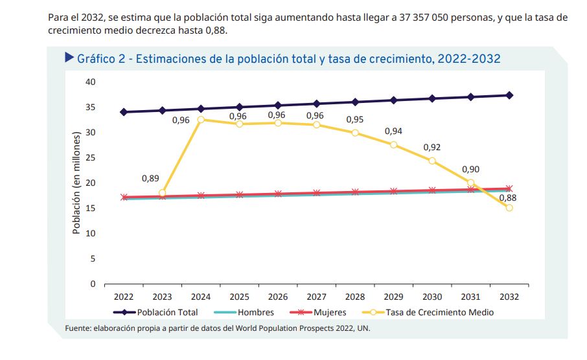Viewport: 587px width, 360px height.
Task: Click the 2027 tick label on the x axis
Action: tap(316, 297)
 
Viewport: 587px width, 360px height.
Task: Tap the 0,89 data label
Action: tap(150, 178)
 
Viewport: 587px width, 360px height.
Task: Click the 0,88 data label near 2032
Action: tap(508, 197)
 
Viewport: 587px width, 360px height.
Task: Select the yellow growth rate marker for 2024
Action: tap(201, 120)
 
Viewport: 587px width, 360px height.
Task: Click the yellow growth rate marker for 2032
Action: tap(509, 208)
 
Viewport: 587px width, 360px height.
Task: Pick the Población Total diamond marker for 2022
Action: tap(124, 112)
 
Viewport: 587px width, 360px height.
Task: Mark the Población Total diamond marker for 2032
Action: tap(509, 95)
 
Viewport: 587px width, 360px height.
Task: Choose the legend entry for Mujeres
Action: tap(330, 312)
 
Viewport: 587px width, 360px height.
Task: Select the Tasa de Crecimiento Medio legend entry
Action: tap(439, 312)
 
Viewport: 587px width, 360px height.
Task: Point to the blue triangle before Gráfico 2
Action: tap(69, 58)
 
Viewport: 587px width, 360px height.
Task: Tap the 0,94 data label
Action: tap(393, 131)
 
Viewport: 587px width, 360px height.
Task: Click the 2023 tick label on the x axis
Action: tap(162, 297)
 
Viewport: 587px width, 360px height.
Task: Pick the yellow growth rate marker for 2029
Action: tap(393, 144)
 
